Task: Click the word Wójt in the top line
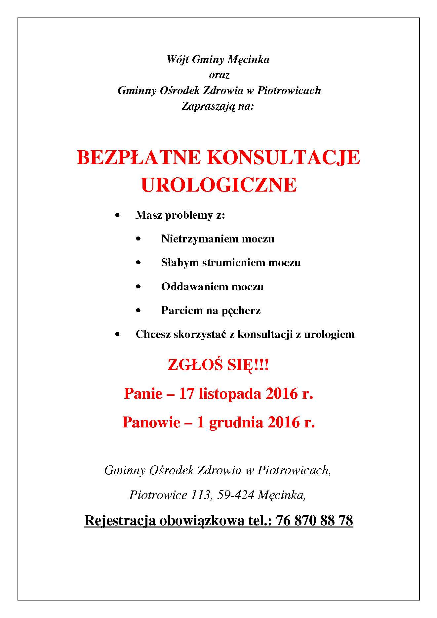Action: pos(178,59)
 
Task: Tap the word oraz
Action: pos(219,75)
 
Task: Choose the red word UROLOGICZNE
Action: pos(219,185)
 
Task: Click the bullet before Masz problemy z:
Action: pos(117,215)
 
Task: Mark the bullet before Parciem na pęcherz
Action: pos(139,310)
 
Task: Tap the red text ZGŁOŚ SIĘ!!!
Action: pos(218,365)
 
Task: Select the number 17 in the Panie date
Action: pos(186,394)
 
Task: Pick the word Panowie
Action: pos(151,422)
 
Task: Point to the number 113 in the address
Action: pos(200,495)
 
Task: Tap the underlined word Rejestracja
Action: pos(120,521)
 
